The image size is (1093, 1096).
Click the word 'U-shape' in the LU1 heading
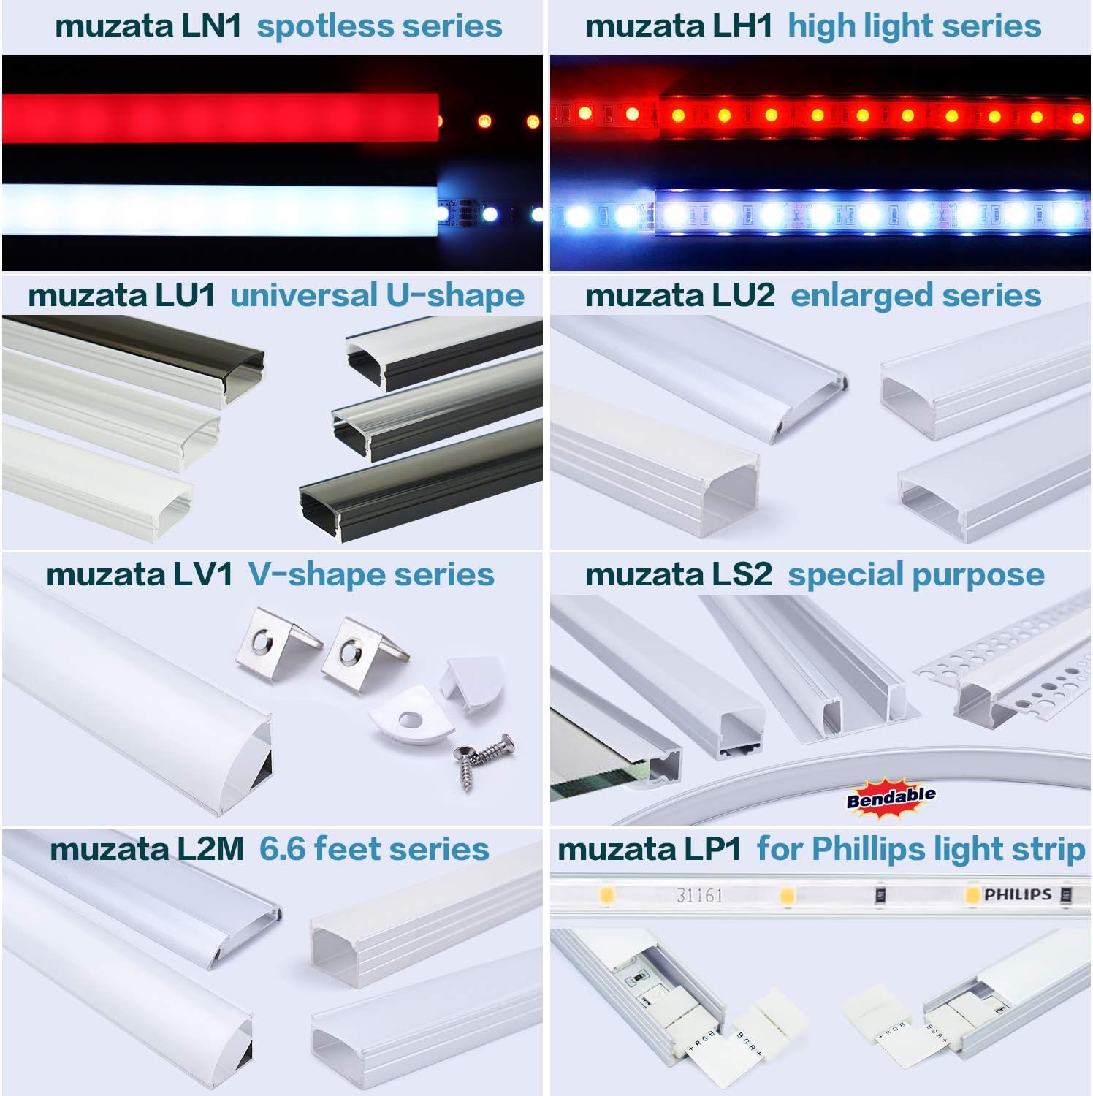454,296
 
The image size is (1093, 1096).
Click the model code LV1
202,574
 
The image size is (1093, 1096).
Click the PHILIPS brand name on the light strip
1017,894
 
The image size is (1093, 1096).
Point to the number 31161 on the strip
699,895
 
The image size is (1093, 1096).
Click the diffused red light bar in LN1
219,118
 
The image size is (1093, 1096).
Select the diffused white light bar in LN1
219,210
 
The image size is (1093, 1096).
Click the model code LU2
742,296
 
